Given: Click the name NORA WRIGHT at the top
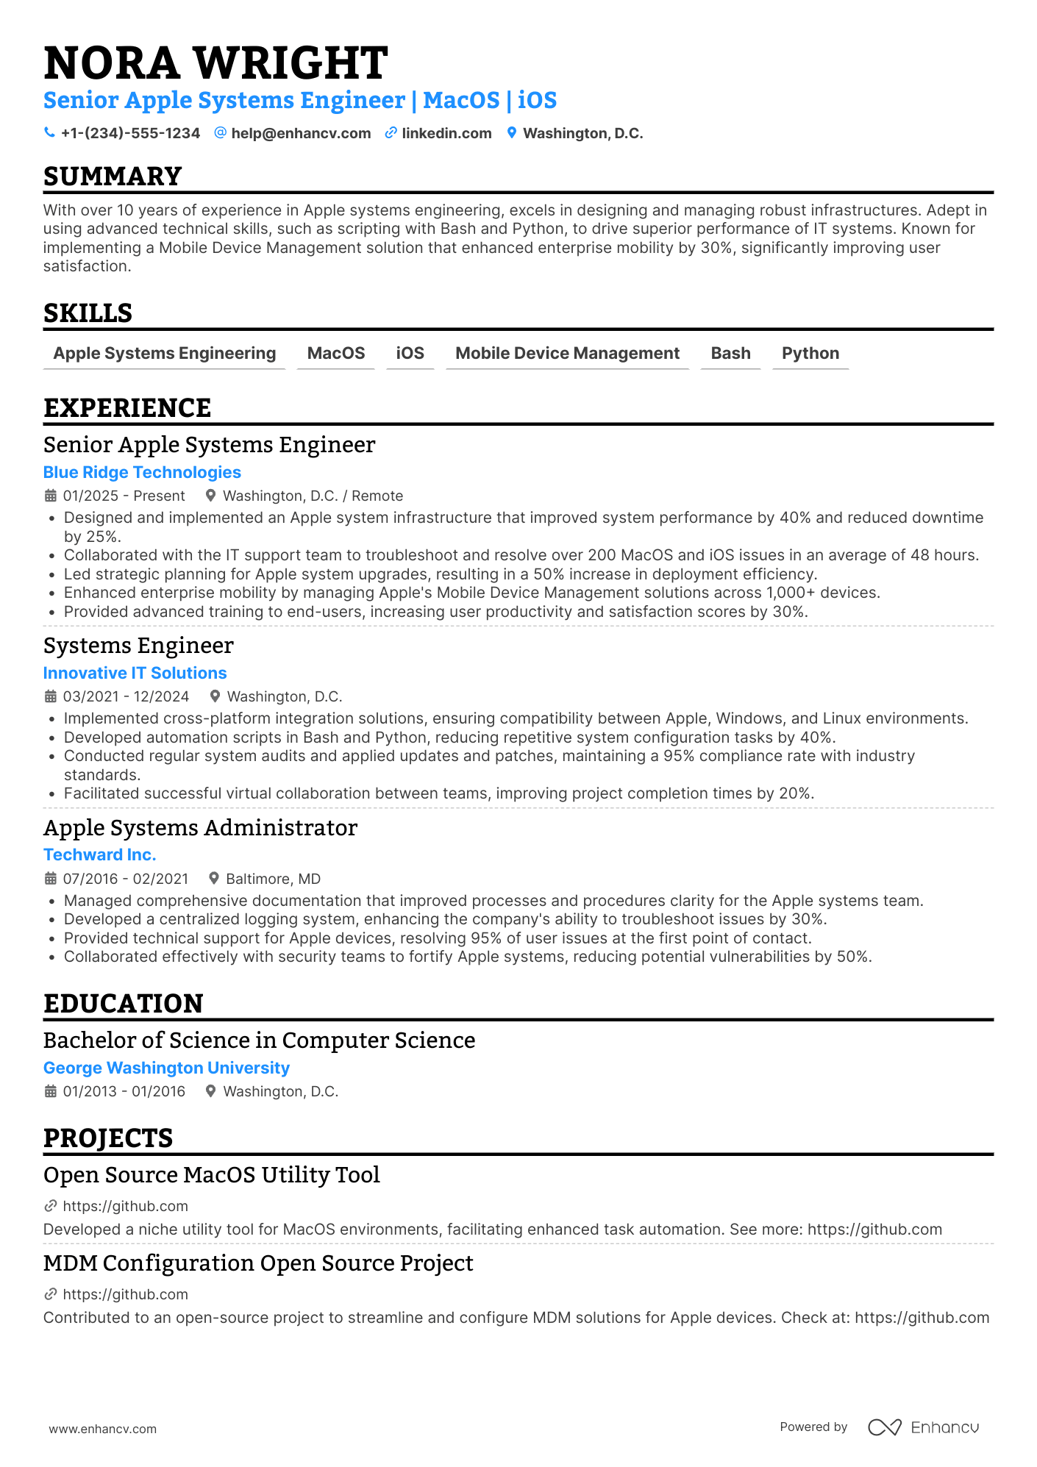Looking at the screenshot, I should (215, 63).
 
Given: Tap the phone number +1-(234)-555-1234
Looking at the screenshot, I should (130, 133).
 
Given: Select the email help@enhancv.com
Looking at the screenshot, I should (301, 133).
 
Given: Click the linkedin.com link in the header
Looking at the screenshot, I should (446, 133).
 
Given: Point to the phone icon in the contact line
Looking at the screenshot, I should (49, 133).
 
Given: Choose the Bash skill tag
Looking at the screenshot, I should (730, 354).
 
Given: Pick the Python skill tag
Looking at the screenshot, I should (810, 354).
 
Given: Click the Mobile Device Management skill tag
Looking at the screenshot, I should (567, 354).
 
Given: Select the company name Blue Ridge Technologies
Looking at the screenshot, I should (142, 473).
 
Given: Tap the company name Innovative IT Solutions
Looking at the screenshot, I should (135, 674).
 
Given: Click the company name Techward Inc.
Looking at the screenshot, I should (99, 855).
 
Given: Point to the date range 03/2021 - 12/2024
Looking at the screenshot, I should (126, 696).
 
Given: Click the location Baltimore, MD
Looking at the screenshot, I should (273, 879).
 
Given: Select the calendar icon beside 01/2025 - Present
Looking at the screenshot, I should (51, 496).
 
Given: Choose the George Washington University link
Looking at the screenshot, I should (166, 1068).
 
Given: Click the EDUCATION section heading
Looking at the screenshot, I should (123, 1004).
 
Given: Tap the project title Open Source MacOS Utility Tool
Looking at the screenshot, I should (211, 1175).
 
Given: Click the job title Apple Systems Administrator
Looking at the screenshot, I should (200, 828).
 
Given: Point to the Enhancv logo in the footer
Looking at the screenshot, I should (924, 1427).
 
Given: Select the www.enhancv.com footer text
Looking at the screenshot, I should (102, 1429).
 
